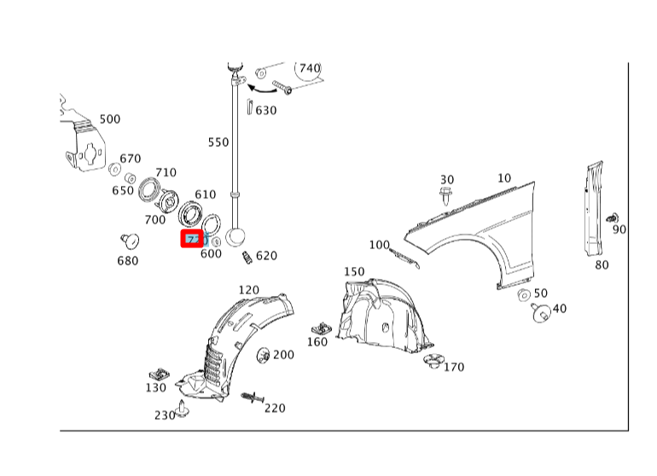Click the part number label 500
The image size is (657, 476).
[x=110, y=119]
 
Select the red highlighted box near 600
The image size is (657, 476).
[x=192, y=239]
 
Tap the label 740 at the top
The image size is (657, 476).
[x=309, y=68]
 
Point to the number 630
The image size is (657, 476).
[x=266, y=110]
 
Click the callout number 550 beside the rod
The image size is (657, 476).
[x=218, y=142]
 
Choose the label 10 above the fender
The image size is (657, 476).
[x=504, y=178]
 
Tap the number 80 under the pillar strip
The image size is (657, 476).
[x=602, y=264]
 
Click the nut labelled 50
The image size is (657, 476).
[x=524, y=295]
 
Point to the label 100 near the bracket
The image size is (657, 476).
[x=379, y=246]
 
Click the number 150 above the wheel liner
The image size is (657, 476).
[x=353, y=272]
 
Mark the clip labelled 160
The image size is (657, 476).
[x=322, y=328]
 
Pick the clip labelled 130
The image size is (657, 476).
[x=158, y=374]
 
